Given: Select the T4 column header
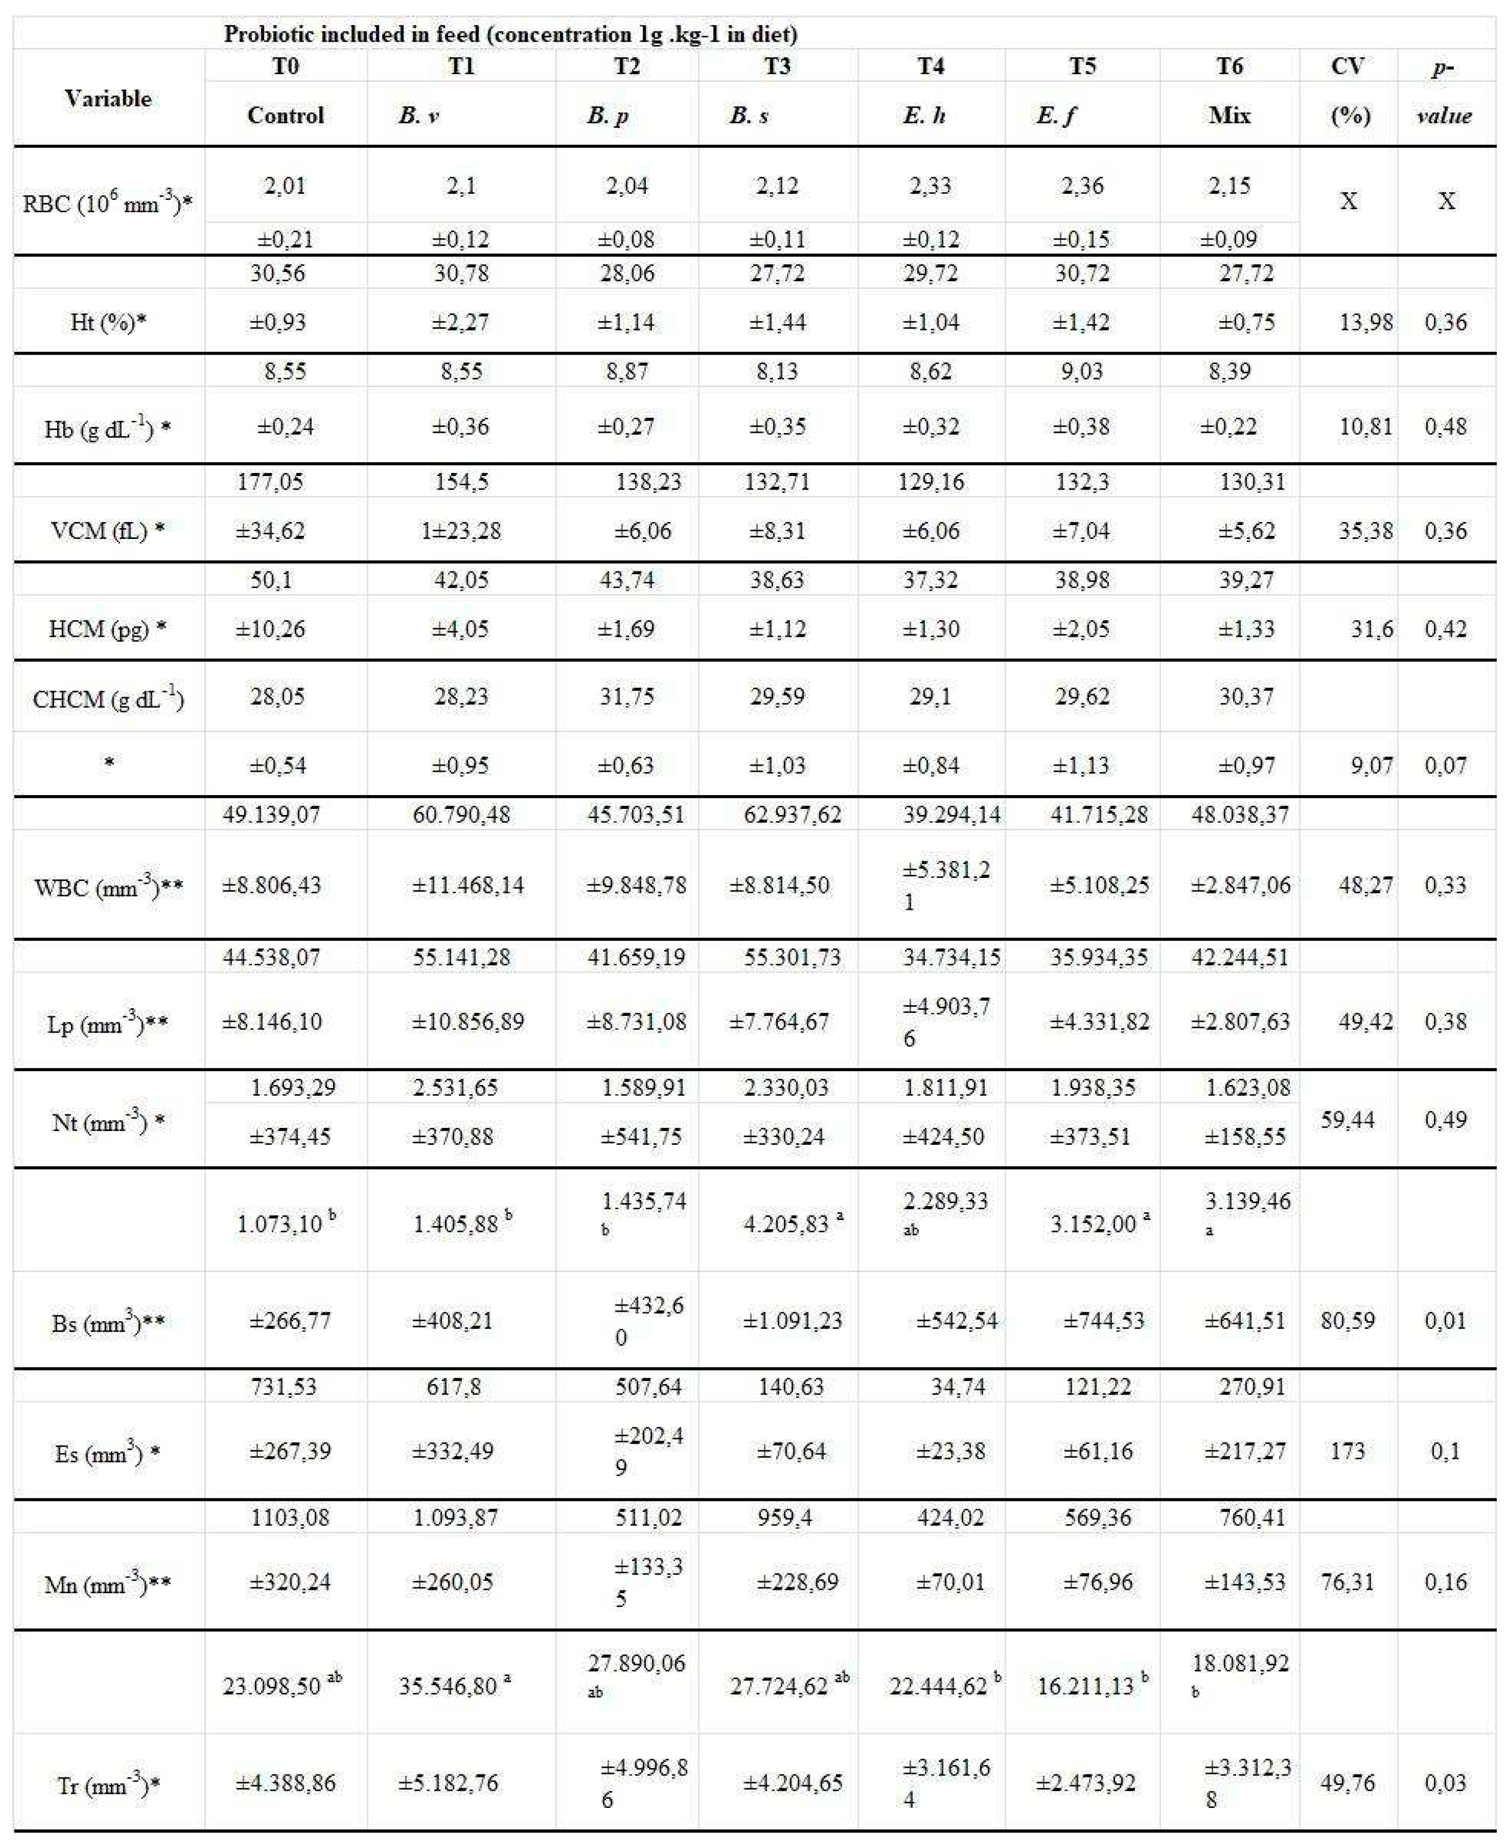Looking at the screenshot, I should [930, 66].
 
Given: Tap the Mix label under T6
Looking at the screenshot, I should [1229, 115].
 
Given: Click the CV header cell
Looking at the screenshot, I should [1347, 66].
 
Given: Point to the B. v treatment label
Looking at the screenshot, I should [419, 115].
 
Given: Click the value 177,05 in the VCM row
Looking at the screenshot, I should [271, 482].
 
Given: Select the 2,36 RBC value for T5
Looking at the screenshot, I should [1082, 185].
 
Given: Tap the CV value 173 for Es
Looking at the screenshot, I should [1347, 1451].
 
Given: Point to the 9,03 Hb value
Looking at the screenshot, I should [1082, 371].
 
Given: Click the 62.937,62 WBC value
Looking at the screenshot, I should [792, 814].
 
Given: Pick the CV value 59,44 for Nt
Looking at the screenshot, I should [1347, 1120].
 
